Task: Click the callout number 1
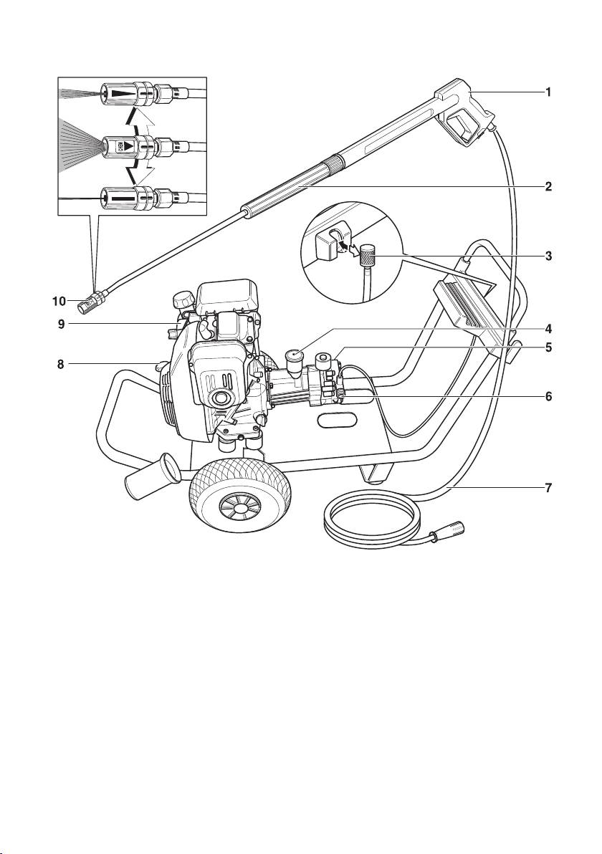point(549,92)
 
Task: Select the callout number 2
point(549,187)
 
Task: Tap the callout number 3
point(549,256)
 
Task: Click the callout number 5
point(549,346)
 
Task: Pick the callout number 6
point(549,396)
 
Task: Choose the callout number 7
point(549,487)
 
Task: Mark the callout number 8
point(60,365)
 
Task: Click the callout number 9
point(60,324)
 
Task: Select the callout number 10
point(59,301)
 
